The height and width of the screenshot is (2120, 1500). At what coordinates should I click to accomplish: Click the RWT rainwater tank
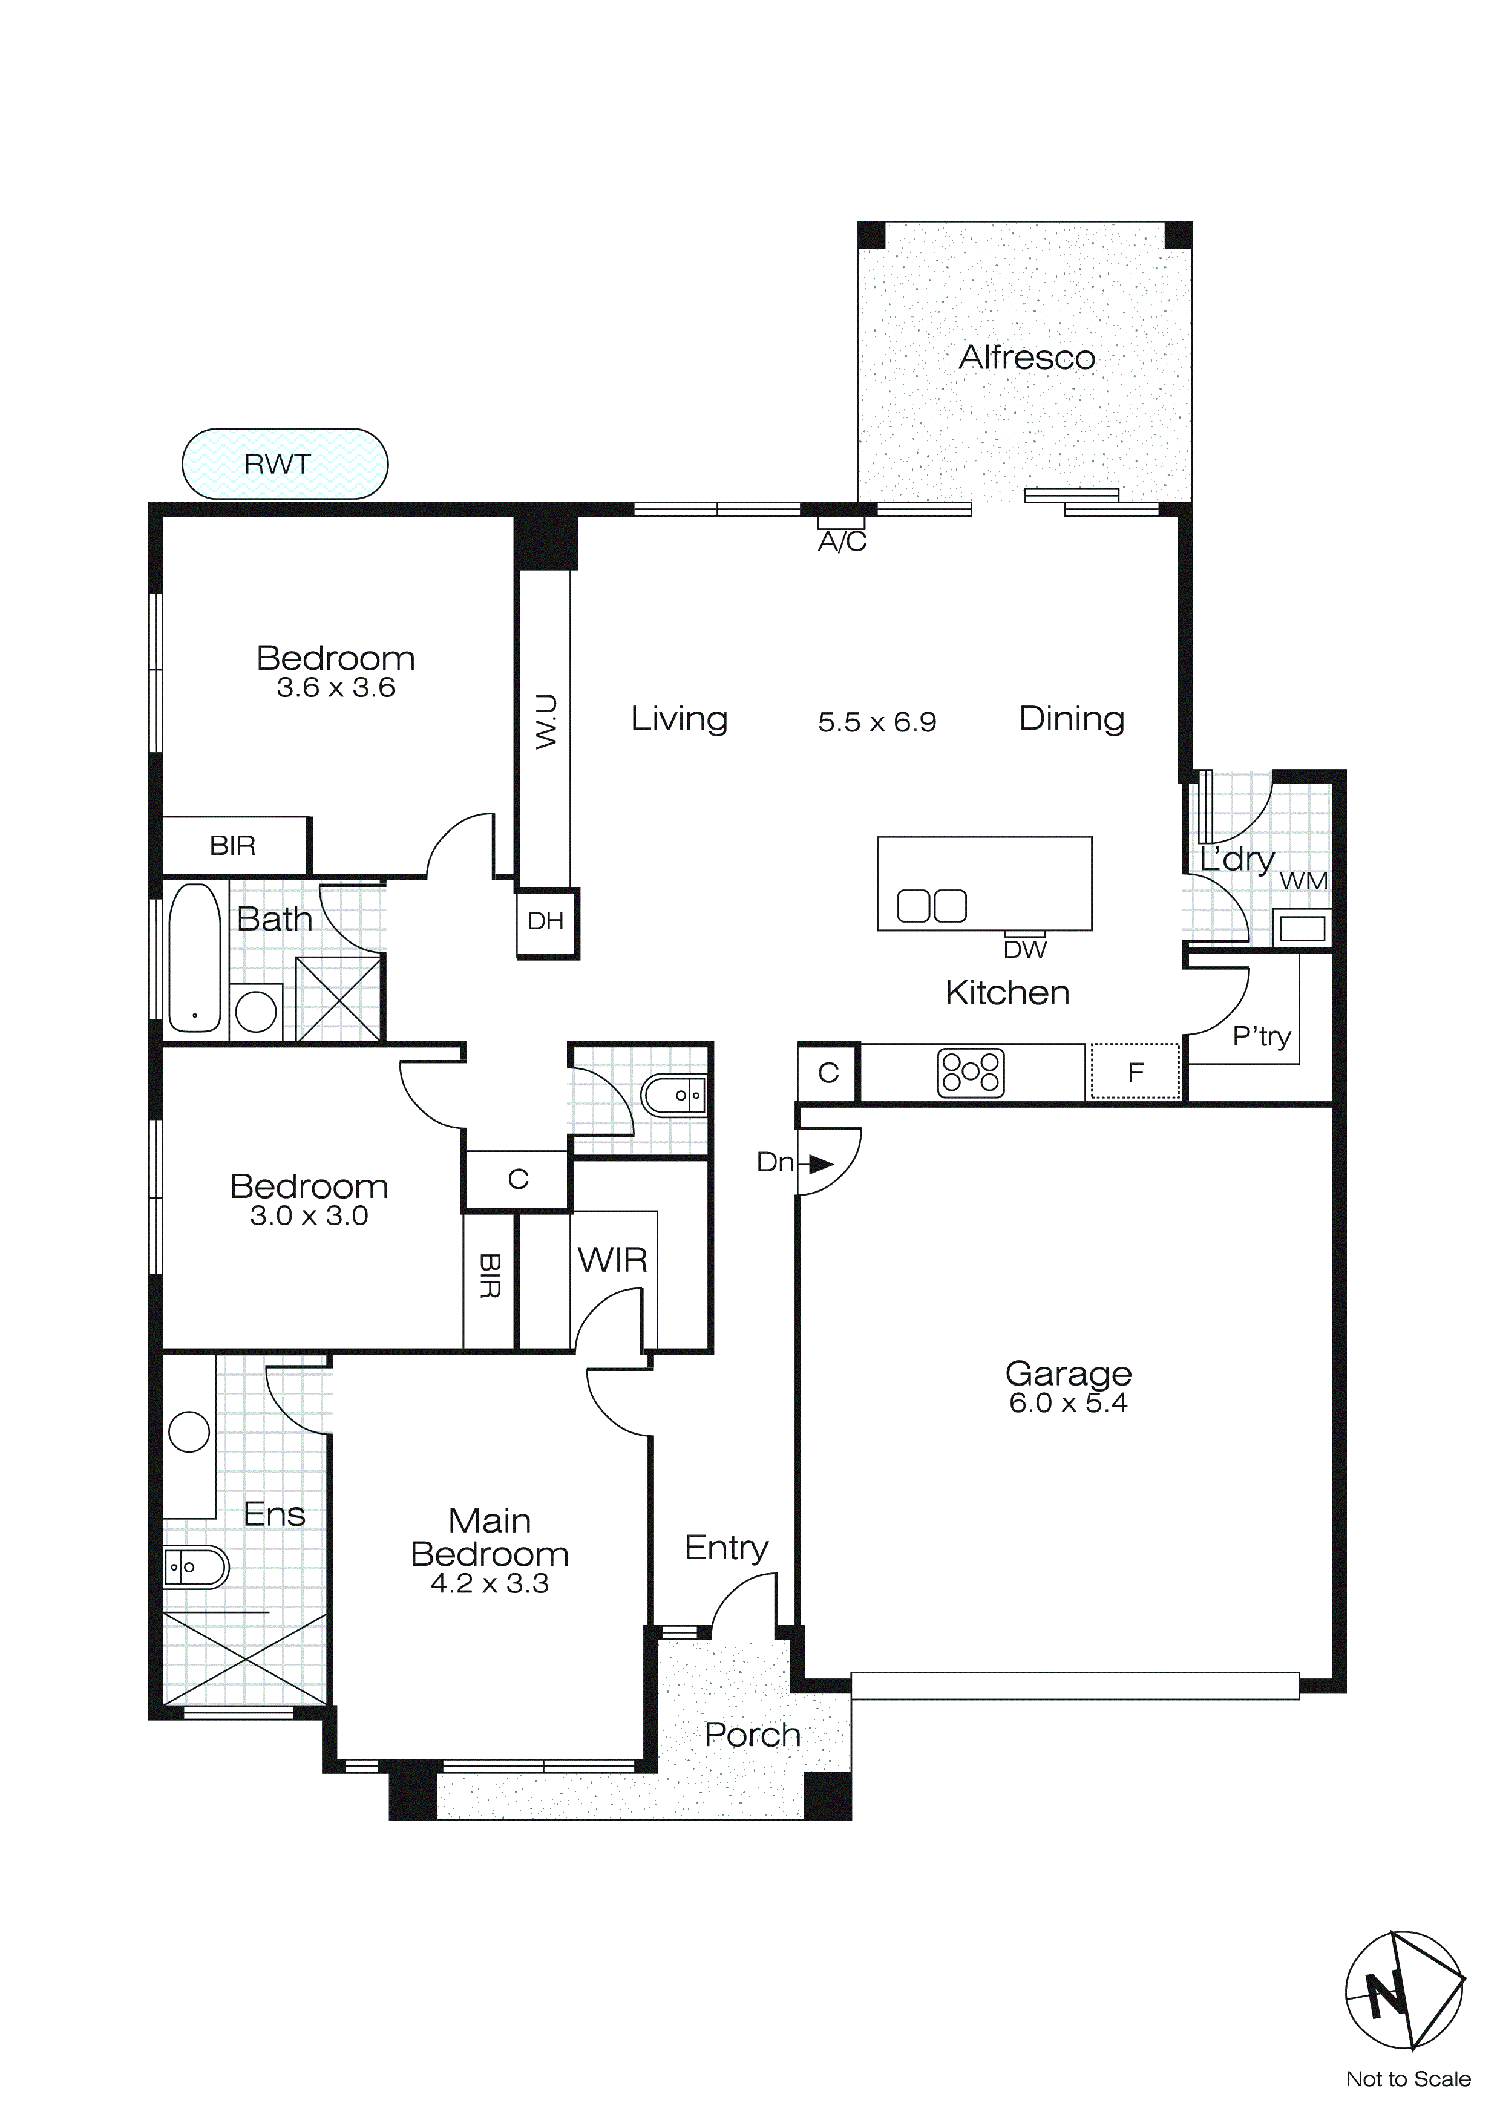(284, 463)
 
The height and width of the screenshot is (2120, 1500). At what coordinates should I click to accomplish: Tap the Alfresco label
(1026, 358)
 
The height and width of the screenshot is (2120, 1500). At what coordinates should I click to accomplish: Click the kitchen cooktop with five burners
(970, 1073)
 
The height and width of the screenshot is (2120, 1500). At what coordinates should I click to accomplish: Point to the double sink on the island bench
(931, 906)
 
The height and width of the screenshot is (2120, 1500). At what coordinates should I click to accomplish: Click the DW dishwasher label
(1025, 949)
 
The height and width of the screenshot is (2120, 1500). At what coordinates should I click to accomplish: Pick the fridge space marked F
(1135, 1071)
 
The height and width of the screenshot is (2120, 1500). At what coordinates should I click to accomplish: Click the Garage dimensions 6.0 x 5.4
(1068, 1404)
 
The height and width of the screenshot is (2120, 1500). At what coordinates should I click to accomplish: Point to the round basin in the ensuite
(189, 1431)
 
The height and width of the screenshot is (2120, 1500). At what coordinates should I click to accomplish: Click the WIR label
(612, 1260)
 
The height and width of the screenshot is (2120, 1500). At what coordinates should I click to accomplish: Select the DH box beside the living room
(545, 921)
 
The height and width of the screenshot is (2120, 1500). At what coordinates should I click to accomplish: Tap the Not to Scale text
(1407, 2078)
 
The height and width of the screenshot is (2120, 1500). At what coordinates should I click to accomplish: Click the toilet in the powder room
(672, 1096)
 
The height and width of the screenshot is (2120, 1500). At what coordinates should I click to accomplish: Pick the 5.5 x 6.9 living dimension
(877, 721)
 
